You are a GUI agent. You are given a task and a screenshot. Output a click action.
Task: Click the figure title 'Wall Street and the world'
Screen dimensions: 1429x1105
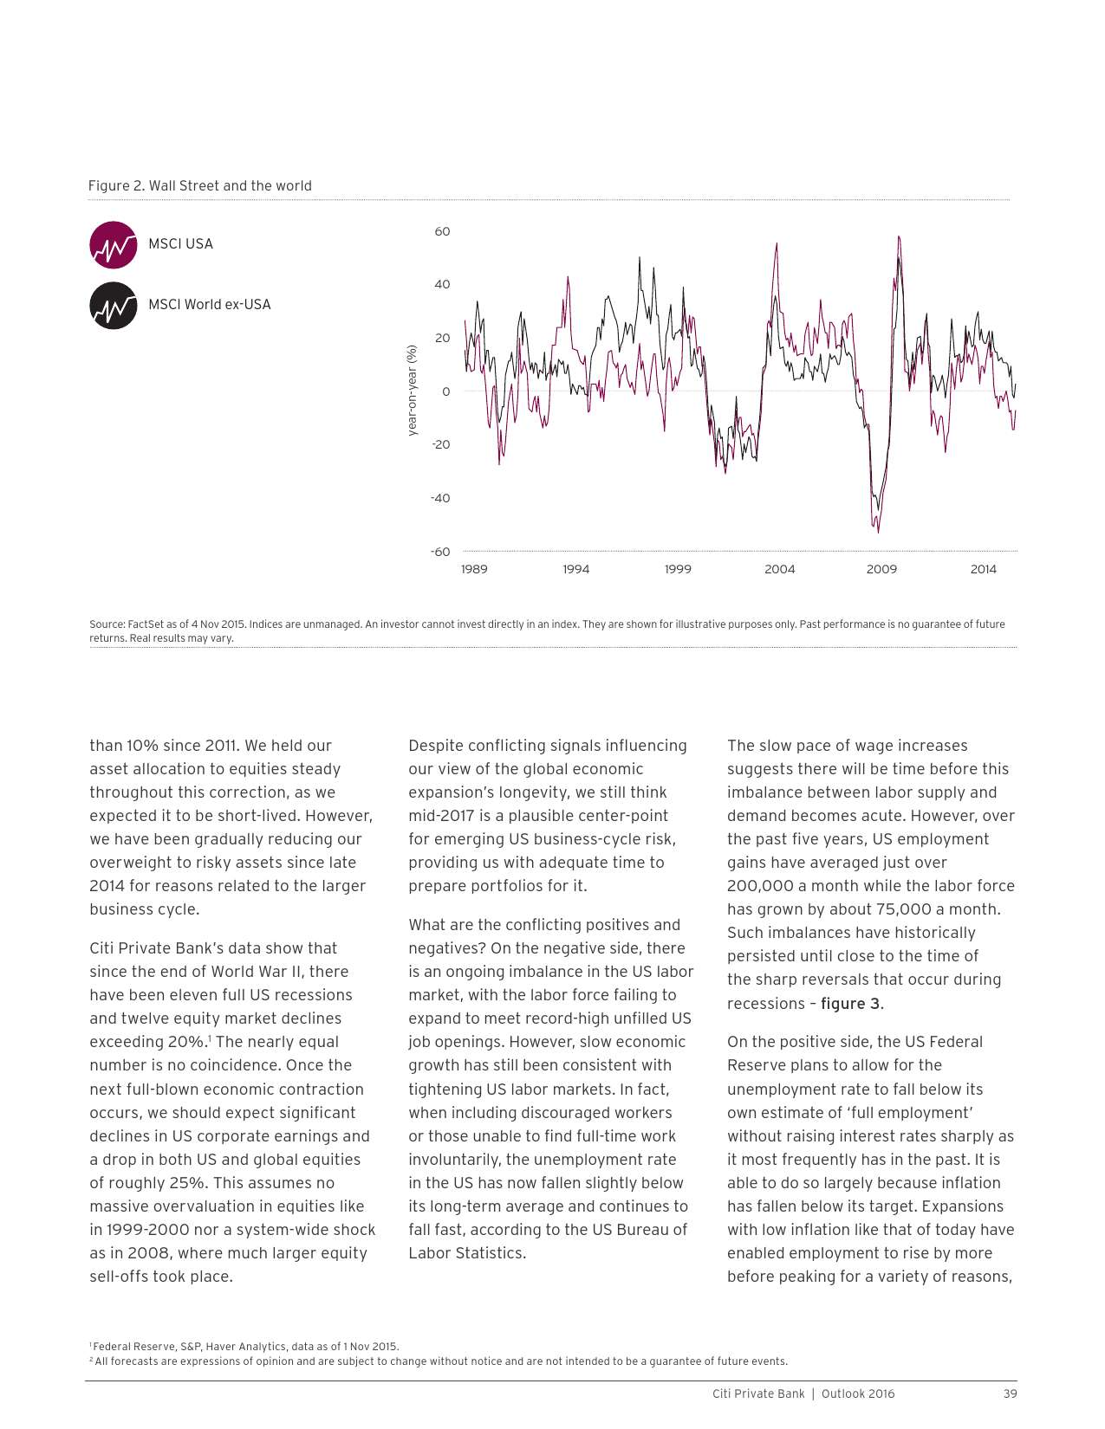pyautogui.click(x=230, y=186)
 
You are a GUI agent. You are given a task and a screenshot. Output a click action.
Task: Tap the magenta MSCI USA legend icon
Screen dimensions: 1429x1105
pyautogui.click(x=114, y=245)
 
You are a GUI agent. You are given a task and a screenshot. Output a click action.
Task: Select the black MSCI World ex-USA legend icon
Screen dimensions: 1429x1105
pyautogui.click(x=114, y=306)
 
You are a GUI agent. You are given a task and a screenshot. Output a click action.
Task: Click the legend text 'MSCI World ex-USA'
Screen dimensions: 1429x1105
pyautogui.click(x=209, y=305)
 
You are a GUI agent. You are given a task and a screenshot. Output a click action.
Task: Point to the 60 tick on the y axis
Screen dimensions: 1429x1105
pyautogui.click(x=442, y=232)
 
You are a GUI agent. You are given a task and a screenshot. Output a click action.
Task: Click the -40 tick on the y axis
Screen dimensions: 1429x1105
pyautogui.click(x=440, y=499)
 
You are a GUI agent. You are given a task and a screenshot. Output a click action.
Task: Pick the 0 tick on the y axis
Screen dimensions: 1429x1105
pyautogui.click(x=445, y=391)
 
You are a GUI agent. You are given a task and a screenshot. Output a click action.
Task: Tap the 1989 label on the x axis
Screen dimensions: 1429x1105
pyautogui.click(x=474, y=570)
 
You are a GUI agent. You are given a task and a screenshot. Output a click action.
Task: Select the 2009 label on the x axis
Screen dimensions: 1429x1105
pyautogui.click(x=881, y=570)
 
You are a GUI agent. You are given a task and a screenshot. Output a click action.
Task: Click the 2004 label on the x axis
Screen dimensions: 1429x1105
pyautogui.click(x=779, y=570)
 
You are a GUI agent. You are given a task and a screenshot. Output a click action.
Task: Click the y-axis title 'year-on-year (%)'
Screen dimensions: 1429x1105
pyautogui.click(x=413, y=390)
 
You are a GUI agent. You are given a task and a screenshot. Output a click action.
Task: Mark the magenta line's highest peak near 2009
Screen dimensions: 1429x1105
pyautogui.click(x=899, y=236)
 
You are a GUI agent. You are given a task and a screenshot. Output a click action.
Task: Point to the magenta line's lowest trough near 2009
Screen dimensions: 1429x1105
pyautogui.click(x=878, y=532)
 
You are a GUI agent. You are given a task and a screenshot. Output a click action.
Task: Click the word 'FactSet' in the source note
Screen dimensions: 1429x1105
pyautogui.click(x=145, y=624)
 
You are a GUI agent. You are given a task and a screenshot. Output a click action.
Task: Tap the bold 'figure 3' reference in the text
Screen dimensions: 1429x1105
pyautogui.click(x=851, y=1004)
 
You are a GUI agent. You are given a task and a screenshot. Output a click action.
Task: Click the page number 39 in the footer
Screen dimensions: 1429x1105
pyautogui.click(x=1010, y=1394)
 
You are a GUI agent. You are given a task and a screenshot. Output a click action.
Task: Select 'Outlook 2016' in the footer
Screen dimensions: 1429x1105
pyautogui.click(x=857, y=1394)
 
